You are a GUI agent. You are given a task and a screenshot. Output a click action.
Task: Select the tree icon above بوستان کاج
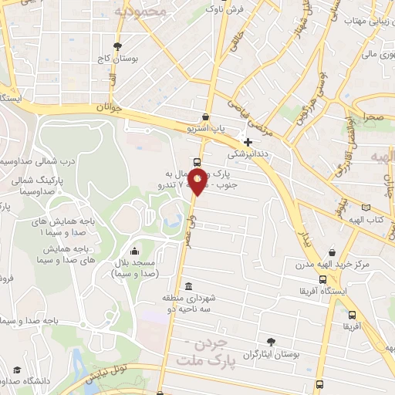(116, 46)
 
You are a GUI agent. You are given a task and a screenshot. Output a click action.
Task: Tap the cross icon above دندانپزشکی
(248, 142)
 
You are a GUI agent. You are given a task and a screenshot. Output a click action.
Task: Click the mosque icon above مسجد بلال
(136, 250)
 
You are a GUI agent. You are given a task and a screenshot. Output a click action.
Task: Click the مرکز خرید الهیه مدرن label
(332, 265)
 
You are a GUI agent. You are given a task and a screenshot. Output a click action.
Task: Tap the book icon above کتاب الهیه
(366, 208)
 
